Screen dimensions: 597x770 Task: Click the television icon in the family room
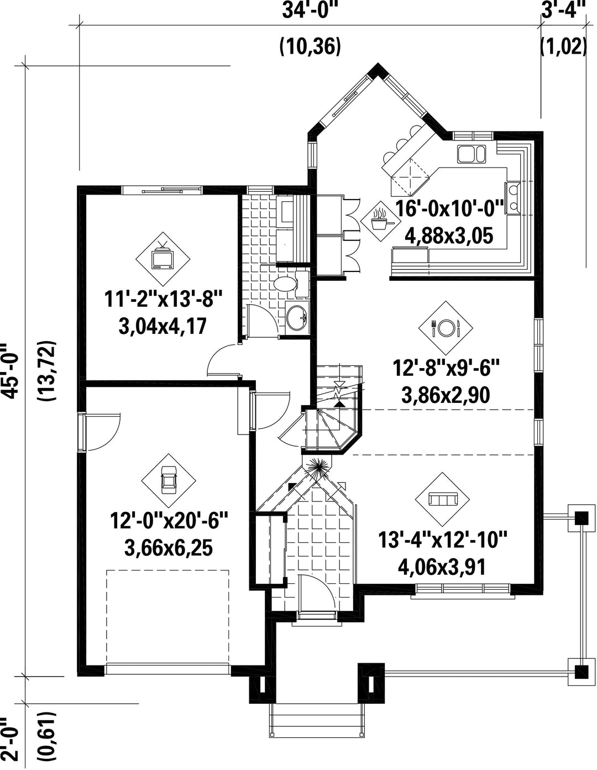[163, 257]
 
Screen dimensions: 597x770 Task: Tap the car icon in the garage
[168, 480]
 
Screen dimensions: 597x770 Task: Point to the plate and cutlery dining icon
[446, 327]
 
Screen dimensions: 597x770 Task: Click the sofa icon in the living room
[443, 499]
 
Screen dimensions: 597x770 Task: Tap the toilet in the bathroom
[291, 284]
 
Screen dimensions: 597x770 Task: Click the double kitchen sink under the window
[471, 154]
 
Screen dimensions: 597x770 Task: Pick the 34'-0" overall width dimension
[308, 11]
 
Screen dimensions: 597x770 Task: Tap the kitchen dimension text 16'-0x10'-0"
[449, 209]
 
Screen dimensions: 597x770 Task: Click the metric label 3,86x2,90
[446, 395]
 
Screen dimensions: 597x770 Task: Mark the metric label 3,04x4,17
[163, 326]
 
